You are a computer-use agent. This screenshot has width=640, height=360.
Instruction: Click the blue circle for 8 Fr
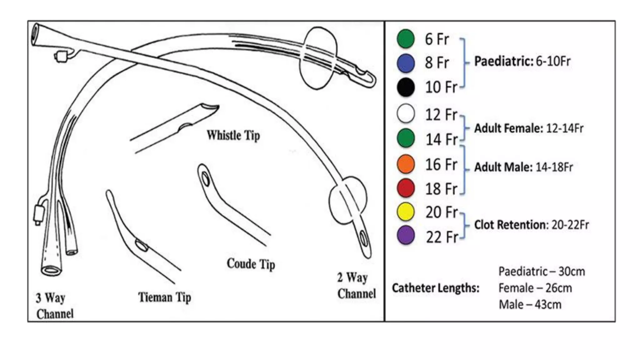tap(406, 63)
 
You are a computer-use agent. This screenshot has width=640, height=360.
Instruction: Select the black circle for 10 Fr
tap(406, 87)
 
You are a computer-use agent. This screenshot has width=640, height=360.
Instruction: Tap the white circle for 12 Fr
tap(406, 113)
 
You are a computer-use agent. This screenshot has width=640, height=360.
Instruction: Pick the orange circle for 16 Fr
tap(406, 164)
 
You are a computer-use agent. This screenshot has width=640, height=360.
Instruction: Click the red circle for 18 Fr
tap(406, 188)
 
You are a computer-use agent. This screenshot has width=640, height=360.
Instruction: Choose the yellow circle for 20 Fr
tap(406, 212)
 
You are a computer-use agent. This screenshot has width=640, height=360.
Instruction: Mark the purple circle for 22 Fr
tap(406, 235)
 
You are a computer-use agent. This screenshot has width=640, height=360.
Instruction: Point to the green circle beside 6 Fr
tap(406, 39)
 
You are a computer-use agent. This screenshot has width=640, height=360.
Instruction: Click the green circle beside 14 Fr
tap(406, 138)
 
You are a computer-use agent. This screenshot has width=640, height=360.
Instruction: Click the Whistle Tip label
tap(233, 136)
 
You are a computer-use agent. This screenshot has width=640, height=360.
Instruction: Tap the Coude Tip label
tap(251, 264)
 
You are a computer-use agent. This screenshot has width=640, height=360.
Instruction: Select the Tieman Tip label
tap(164, 297)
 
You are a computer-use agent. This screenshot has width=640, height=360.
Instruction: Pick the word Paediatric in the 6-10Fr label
tap(503, 61)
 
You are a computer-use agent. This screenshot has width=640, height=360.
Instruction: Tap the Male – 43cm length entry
tap(530, 305)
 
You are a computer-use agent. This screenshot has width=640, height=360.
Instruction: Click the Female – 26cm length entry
tap(535, 288)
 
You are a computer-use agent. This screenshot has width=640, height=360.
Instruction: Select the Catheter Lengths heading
tap(436, 288)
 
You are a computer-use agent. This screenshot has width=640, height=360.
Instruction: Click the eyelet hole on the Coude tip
tap(205, 179)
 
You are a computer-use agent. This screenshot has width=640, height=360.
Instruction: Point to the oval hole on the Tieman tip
tap(141, 246)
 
